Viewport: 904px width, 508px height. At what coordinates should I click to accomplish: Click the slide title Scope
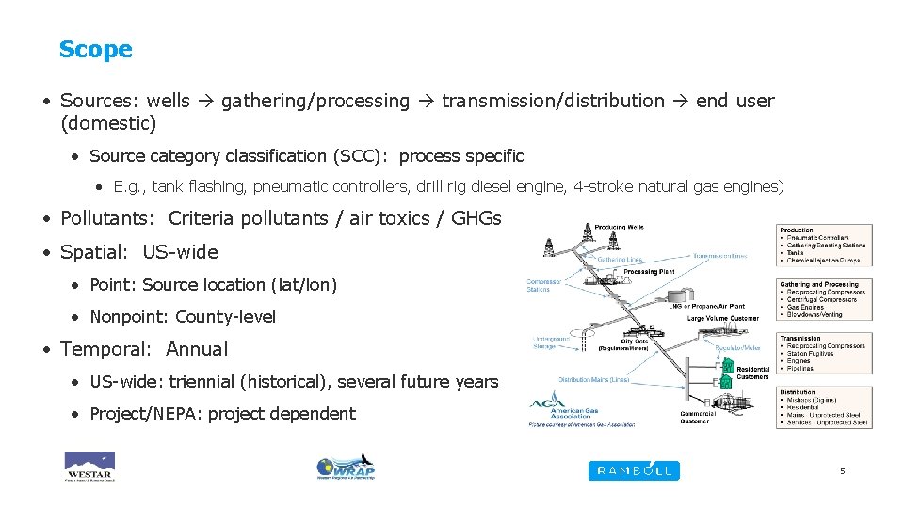(x=95, y=50)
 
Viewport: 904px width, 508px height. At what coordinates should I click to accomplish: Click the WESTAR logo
(x=89, y=467)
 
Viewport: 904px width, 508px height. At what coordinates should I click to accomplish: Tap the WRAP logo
(x=346, y=468)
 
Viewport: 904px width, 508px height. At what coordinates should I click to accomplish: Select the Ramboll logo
(x=633, y=470)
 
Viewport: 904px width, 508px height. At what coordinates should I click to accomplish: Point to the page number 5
(x=843, y=470)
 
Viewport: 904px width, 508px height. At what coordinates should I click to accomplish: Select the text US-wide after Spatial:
(x=180, y=252)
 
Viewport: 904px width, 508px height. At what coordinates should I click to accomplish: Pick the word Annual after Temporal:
(x=197, y=349)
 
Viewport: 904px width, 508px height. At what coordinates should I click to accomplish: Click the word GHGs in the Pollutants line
(x=476, y=219)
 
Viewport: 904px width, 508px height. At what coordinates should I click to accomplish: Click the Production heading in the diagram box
(x=797, y=230)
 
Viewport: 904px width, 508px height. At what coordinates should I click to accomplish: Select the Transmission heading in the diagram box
(x=800, y=339)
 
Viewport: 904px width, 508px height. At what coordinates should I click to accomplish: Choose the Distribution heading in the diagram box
(x=799, y=392)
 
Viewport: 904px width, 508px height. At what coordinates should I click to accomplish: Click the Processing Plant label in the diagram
(x=650, y=271)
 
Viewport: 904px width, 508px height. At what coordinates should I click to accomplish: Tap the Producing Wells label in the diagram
(x=620, y=227)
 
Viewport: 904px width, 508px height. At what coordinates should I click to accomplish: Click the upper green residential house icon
(x=727, y=365)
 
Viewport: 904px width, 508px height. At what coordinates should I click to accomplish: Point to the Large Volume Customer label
(x=722, y=319)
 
